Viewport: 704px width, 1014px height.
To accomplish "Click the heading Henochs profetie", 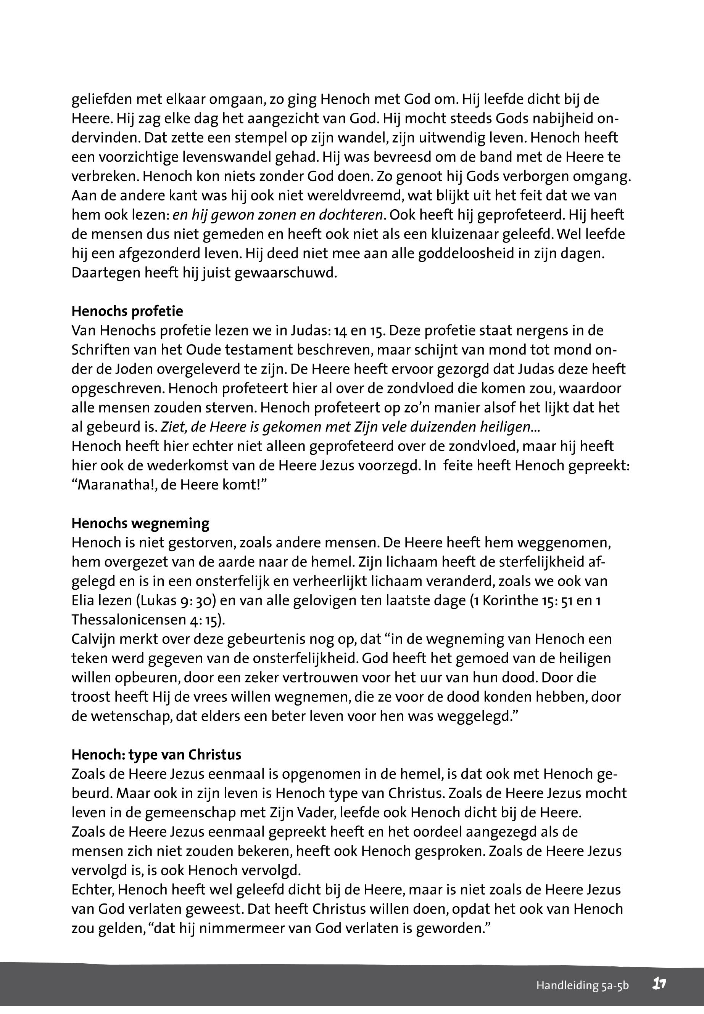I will [x=127, y=311].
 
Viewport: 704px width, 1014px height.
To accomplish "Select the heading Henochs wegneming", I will [x=140, y=523].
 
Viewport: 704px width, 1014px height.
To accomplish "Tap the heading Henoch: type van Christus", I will [x=156, y=755].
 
